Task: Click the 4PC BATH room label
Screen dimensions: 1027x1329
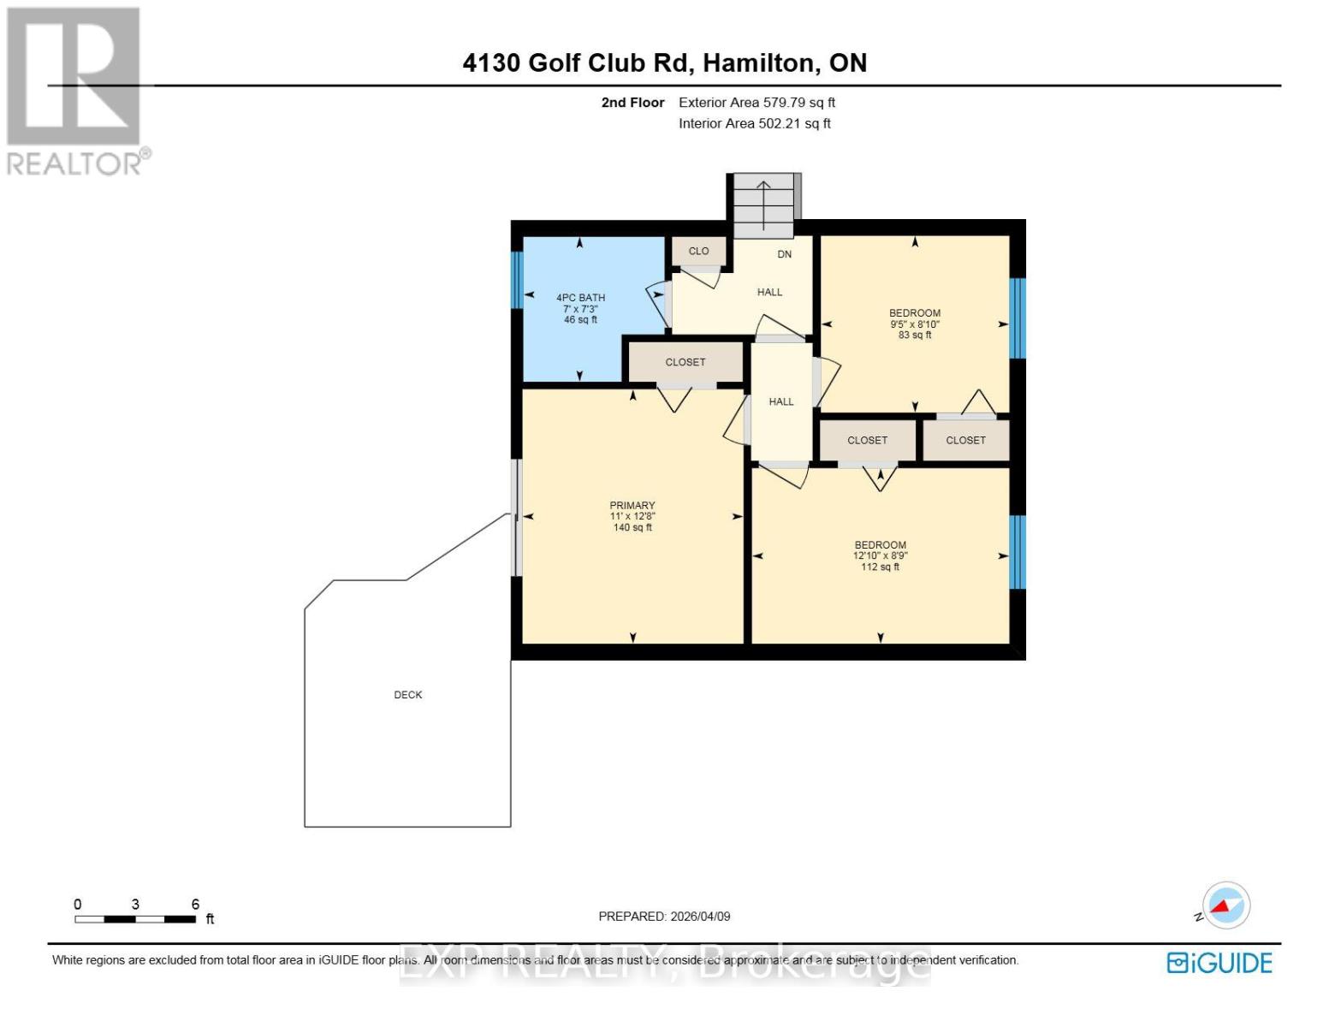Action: [580, 298]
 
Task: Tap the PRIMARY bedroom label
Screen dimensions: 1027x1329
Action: [632, 505]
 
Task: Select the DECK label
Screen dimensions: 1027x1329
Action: [408, 695]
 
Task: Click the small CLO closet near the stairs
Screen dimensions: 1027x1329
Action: [698, 252]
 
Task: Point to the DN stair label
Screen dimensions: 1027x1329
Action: [784, 254]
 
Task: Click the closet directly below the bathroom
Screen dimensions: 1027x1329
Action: [685, 362]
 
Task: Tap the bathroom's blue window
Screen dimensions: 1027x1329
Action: [517, 279]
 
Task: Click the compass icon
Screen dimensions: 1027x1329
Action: [1225, 905]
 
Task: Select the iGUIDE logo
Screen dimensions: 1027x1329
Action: [1219, 963]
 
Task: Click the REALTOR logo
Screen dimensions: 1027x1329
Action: [75, 90]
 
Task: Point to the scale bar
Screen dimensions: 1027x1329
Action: [135, 919]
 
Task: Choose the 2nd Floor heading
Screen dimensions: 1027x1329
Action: [632, 103]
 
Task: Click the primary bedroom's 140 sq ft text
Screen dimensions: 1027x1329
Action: [632, 528]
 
